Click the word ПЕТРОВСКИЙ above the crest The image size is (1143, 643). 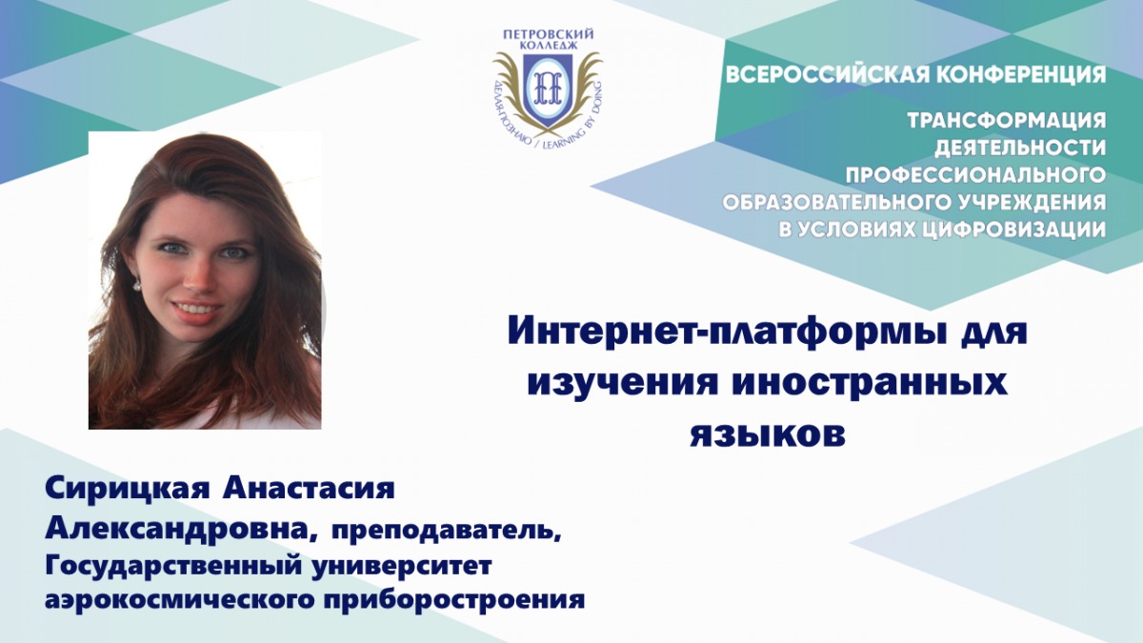pyautogui.click(x=548, y=34)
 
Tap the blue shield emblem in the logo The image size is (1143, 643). pyautogui.click(x=548, y=90)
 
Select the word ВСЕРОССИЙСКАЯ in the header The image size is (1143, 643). pyautogui.click(x=826, y=75)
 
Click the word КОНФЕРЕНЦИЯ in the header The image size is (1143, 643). pyautogui.click(x=1021, y=75)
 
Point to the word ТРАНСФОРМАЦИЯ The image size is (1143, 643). pyautogui.click(x=1006, y=120)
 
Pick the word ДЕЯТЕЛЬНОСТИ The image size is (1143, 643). pyautogui.click(x=1020, y=148)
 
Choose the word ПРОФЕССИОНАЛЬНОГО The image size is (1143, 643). pyautogui.click(x=975, y=175)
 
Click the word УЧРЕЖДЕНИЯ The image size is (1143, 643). pyautogui.click(x=1028, y=203)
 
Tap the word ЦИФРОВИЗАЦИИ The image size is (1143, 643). pyautogui.click(x=1015, y=230)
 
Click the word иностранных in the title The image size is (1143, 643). pyautogui.click(x=870, y=383)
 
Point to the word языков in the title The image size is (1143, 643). pyautogui.click(x=768, y=434)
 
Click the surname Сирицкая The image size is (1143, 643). pyautogui.click(x=127, y=489)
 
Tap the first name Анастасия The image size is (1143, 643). pyautogui.click(x=309, y=489)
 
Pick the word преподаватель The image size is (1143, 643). pyautogui.click(x=447, y=532)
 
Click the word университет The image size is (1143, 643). pyautogui.click(x=401, y=567)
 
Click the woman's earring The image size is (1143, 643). pyautogui.click(x=137, y=284)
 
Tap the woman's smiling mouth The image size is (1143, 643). pyautogui.click(x=197, y=310)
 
